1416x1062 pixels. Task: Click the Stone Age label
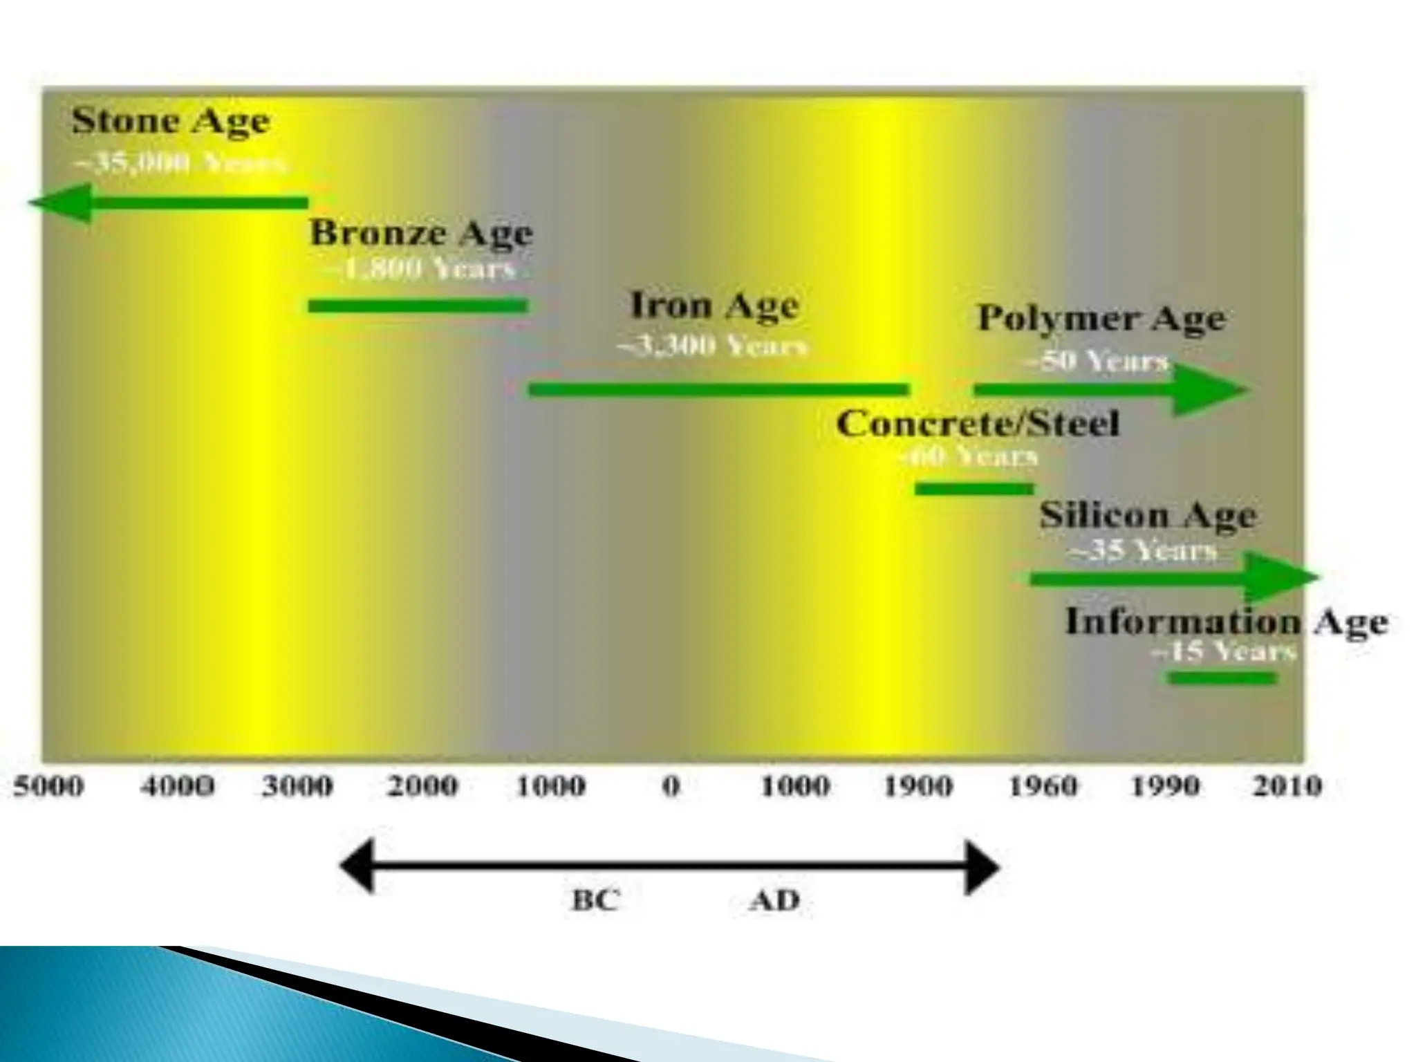pyautogui.click(x=171, y=122)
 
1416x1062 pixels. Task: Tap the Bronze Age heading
pyautogui.click(x=421, y=234)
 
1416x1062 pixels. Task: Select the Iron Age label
pyautogui.click(x=714, y=306)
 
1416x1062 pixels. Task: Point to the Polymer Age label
pyautogui.click(x=1101, y=319)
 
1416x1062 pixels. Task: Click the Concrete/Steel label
pyautogui.click(x=977, y=424)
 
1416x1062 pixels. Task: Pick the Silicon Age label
pyautogui.click(x=1148, y=516)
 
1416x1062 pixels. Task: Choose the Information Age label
pyautogui.click(x=1226, y=622)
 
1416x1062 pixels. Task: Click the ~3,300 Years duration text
pyautogui.click(x=712, y=346)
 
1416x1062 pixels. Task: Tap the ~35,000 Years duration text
pyautogui.click(x=179, y=165)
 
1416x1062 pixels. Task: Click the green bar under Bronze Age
pyautogui.click(x=418, y=306)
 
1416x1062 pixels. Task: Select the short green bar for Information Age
pyautogui.click(x=1222, y=678)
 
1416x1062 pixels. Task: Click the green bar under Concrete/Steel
pyautogui.click(x=974, y=489)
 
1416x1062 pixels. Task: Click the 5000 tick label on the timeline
pyautogui.click(x=48, y=787)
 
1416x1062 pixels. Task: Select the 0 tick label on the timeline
pyautogui.click(x=671, y=787)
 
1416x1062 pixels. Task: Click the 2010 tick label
pyautogui.click(x=1287, y=787)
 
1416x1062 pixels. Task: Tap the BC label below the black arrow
pyautogui.click(x=595, y=900)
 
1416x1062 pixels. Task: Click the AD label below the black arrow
pyautogui.click(x=774, y=900)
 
